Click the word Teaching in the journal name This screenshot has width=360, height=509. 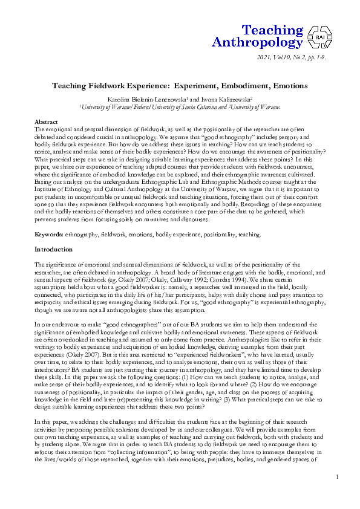click(x=272, y=30)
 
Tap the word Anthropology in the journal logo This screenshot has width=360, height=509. click(x=257, y=42)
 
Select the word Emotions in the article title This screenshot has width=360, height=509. click(x=287, y=86)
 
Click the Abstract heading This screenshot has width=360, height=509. click(x=46, y=122)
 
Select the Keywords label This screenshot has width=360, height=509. click(x=49, y=233)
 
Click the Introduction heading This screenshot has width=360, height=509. click(x=54, y=249)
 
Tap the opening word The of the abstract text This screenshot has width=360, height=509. click(x=39, y=129)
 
